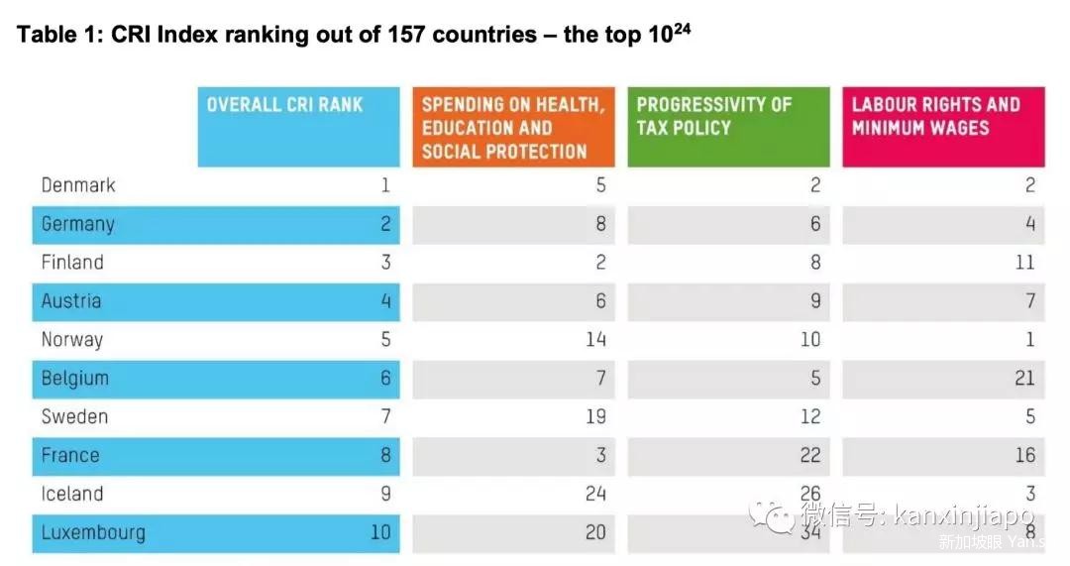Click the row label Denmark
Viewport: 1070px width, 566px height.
78,185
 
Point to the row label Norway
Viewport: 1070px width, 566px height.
72,340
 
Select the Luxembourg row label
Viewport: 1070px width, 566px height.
93,533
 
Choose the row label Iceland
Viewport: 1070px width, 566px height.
72,495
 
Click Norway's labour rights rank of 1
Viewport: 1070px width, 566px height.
1029,340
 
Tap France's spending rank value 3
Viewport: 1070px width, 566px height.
599,456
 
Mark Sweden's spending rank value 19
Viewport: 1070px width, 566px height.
594,417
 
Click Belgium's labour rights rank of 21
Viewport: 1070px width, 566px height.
1024,379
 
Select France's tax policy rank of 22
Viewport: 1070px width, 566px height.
809,456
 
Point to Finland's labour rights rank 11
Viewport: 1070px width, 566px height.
1024,263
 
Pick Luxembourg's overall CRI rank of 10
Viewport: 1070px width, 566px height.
380,533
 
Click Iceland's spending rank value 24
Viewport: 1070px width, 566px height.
594,495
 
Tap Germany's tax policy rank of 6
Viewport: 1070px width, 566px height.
814,224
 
